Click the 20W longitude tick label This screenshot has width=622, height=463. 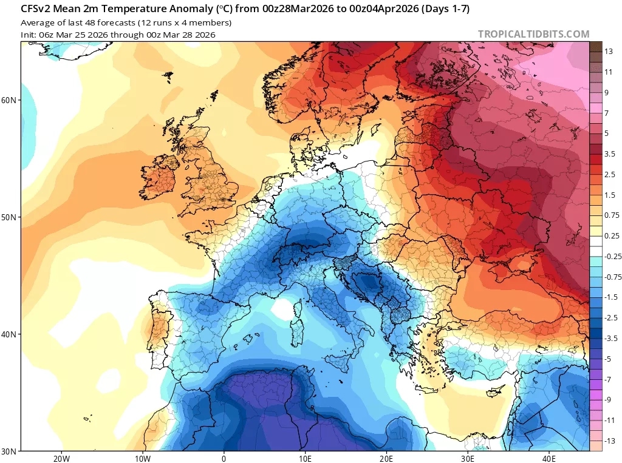(61, 458)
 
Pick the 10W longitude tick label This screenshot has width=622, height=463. (142, 458)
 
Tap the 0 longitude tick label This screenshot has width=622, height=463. (224, 458)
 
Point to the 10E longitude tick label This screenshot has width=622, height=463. (305, 458)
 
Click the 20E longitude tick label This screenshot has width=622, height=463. (386, 458)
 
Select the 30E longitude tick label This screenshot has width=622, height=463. (468, 458)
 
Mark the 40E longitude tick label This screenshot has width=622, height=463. (549, 458)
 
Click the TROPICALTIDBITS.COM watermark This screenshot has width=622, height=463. (533, 34)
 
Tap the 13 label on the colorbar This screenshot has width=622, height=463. (609, 52)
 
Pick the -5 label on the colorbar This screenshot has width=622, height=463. (609, 359)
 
